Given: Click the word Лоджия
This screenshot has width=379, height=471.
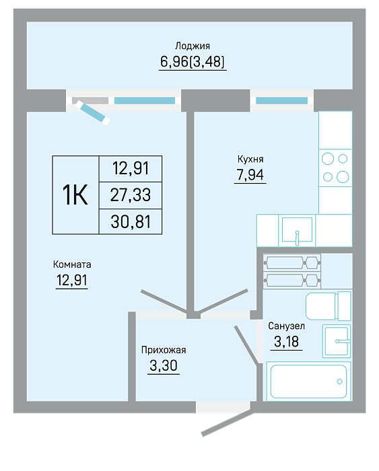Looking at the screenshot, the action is coord(193,46).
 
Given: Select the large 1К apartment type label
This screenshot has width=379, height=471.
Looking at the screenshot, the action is coord(75,195).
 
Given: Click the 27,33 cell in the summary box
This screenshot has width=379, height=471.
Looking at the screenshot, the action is coord(131,195).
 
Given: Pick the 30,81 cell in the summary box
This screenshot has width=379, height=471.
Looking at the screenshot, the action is coord(131,221).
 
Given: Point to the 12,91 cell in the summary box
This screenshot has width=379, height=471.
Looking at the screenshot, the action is coord(131,168).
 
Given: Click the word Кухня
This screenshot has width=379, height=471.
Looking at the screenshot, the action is coord(250,159).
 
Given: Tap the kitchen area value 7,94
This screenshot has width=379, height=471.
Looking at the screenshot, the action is coord(250,174).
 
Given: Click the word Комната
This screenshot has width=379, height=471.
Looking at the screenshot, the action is coord(72,264).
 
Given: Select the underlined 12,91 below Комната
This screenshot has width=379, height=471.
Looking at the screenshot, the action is coord(72,280).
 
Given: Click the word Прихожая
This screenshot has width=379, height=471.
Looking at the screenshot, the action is coord(164,350).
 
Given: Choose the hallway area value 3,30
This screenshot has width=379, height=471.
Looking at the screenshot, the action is coord(164,365).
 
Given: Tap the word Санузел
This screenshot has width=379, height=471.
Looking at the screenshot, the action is coord(286,326).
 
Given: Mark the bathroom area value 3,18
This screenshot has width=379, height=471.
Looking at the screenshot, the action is coord(286,342).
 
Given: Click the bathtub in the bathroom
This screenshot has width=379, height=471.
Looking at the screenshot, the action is coord(309,382).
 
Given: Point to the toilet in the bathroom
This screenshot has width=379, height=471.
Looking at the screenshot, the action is coord(329,306).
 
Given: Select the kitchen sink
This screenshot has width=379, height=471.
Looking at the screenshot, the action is coord(297,230).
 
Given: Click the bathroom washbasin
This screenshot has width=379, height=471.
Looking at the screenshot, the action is coord(337,341).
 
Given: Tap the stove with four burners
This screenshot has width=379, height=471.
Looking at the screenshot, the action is coord(335,168).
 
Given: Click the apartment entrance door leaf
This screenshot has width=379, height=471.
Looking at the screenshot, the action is coord(228,424).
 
